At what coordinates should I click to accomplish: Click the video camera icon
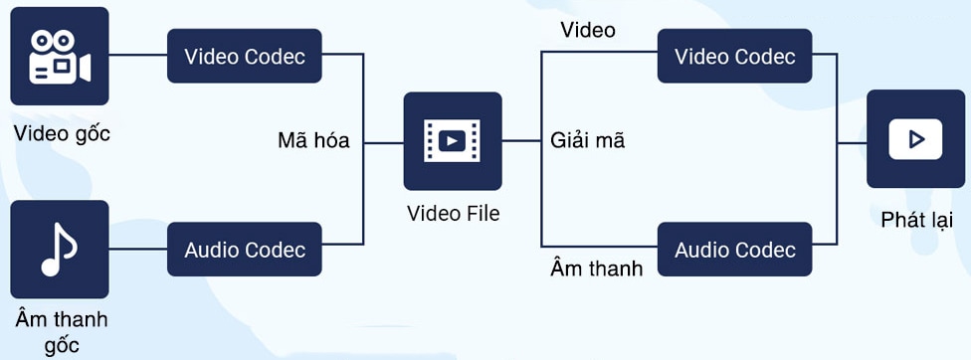point(60,56)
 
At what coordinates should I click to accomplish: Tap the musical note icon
point(60,249)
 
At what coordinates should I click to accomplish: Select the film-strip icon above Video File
point(452,141)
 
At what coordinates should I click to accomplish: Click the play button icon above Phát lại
point(915,138)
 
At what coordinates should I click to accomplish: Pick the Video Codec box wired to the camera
point(245,56)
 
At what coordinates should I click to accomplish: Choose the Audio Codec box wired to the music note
point(245,250)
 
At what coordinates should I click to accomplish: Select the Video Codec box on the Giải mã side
point(734,56)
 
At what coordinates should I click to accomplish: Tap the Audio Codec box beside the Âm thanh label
point(734,250)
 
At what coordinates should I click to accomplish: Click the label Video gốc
point(62,133)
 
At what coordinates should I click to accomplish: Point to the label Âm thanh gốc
point(61,332)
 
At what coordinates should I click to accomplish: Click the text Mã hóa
point(313,141)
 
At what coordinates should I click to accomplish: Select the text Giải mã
point(588,141)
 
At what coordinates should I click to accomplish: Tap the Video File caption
point(453,214)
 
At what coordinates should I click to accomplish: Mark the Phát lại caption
point(916,220)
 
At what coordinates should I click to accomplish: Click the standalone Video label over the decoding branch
point(588,30)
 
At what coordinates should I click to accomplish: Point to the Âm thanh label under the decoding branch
point(597,269)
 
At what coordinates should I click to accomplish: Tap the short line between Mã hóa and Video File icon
point(383,142)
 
